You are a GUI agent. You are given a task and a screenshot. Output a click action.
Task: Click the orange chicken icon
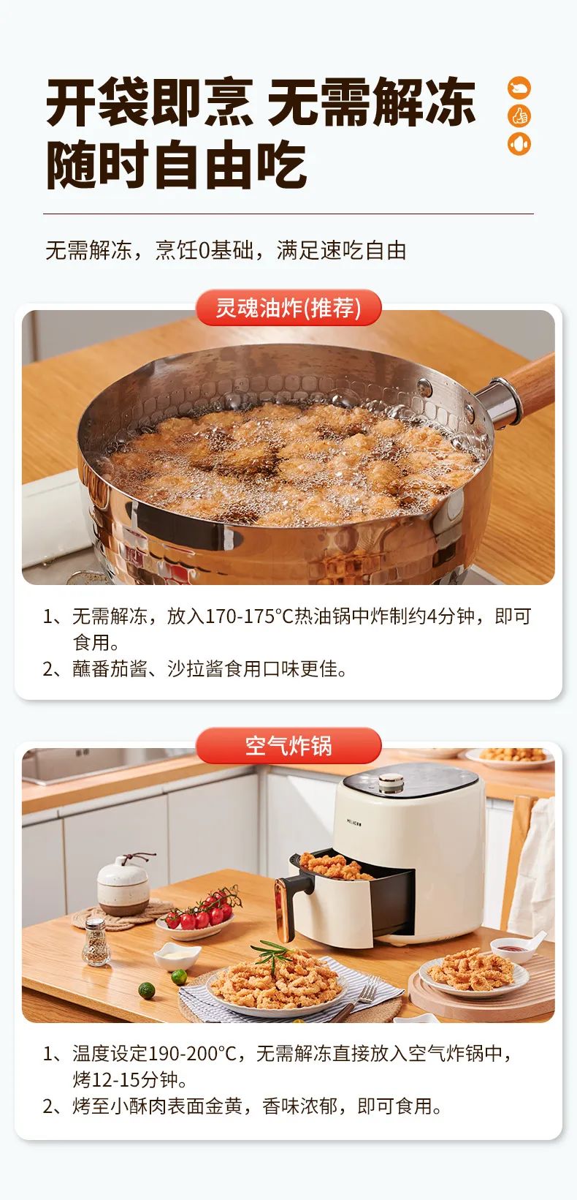click(x=519, y=88)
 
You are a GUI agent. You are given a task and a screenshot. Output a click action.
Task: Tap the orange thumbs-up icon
click(x=519, y=116)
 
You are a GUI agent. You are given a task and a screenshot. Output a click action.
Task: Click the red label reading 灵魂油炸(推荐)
click(x=288, y=308)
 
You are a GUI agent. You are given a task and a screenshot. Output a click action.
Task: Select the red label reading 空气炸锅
click(x=288, y=746)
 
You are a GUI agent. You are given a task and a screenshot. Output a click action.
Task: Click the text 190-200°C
click(x=192, y=1053)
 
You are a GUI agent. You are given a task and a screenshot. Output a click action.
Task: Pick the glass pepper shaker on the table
click(x=96, y=942)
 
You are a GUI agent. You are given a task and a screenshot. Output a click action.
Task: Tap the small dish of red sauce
click(x=514, y=949)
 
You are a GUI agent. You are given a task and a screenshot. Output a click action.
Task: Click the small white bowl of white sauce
click(x=177, y=955)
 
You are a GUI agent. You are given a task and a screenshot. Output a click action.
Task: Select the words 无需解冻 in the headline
click(x=372, y=102)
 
